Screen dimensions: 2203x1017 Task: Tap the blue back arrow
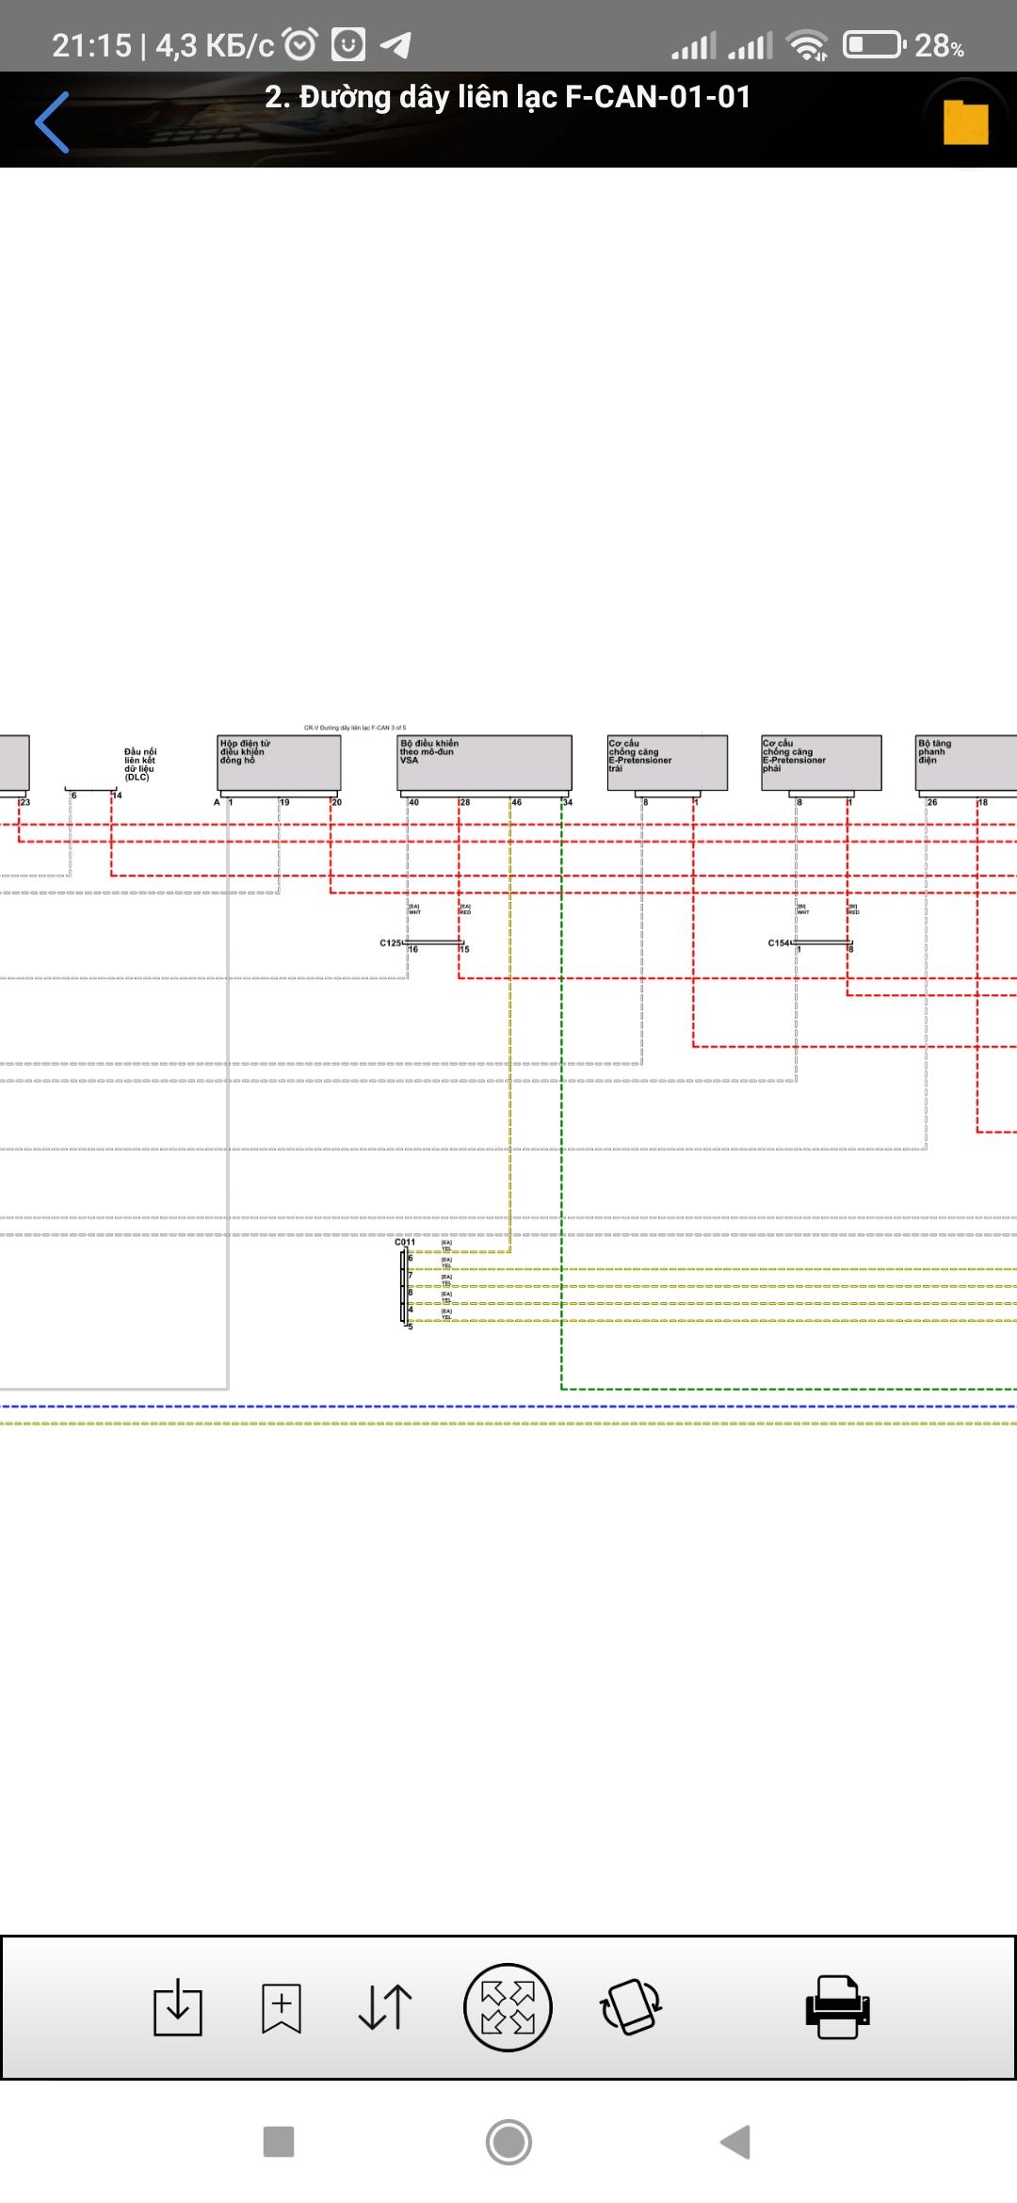coord(52,121)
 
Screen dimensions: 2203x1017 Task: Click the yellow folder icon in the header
coord(965,122)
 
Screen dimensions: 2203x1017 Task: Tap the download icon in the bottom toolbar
coord(178,2007)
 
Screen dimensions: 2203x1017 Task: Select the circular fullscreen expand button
coord(508,2007)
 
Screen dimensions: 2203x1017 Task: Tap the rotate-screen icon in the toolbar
coord(631,2007)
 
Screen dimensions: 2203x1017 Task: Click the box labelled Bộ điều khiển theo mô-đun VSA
coord(485,763)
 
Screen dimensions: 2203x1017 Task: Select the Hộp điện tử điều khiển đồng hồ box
coord(280,763)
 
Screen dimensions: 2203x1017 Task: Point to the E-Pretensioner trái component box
coord(668,763)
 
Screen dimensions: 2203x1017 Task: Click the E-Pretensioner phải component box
coord(821,763)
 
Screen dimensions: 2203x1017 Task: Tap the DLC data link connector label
coord(140,764)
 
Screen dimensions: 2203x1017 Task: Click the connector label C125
coord(390,942)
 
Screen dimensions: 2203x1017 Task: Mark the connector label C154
coord(779,942)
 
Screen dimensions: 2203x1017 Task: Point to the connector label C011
coord(405,1242)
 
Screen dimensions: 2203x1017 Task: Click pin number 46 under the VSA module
coord(517,802)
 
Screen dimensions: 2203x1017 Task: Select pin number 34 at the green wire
coord(568,802)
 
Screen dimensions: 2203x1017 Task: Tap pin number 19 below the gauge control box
coord(284,802)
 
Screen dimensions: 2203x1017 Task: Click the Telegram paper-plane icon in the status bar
coord(395,44)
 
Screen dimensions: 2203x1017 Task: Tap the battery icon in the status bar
coord(873,44)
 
